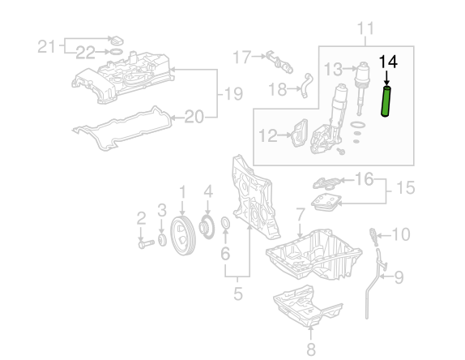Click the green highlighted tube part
(x=386, y=101)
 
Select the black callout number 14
(x=388, y=62)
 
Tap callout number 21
(x=46, y=46)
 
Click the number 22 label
(x=85, y=53)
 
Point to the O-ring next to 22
(x=117, y=52)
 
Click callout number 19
(x=233, y=94)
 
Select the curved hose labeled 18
(x=306, y=85)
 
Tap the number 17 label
(x=242, y=57)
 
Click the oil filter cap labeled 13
(x=361, y=88)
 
